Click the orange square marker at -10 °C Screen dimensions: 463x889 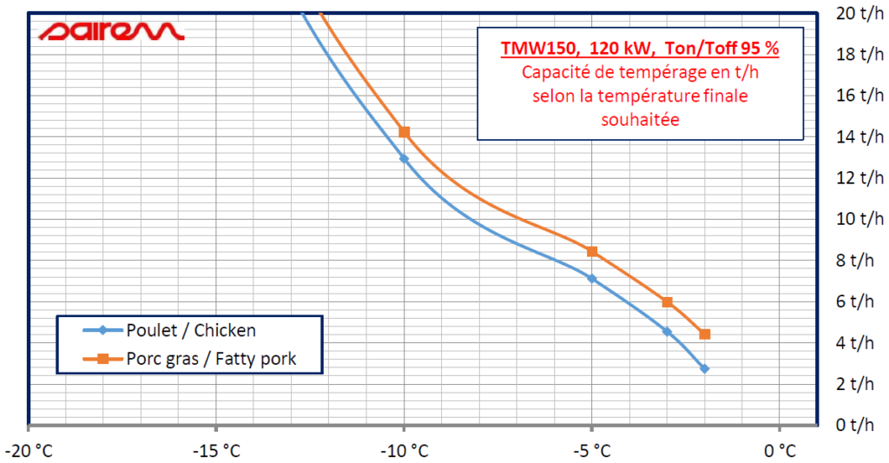pyautogui.click(x=404, y=132)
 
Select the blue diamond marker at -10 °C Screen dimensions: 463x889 pyautogui.click(x=404, y=158)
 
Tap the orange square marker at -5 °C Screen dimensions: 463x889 pyautogui.click(x=592, y=251)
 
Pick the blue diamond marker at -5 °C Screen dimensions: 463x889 pyautogui.click(x=592, y=278)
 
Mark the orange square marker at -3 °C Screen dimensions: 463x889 pyautogui.click(x=667, y=301)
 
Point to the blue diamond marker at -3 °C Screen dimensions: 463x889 pyautogui.click(x=667, y=331)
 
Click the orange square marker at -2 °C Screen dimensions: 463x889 pyautogui.click(x=705, y=334)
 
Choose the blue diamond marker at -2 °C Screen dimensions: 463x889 pyautogui.click(x=705, y=368)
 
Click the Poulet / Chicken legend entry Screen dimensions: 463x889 pyautogui.click(x=190, y=330)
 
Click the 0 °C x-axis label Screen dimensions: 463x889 pyautogui.click(x=780, y=450)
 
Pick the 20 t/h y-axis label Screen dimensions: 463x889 pyautogui.click(x=855, y=13)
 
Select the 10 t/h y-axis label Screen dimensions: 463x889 pyautogui.click(x=855, y=218)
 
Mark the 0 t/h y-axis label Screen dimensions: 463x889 pyautogui.click(x=855, y=425)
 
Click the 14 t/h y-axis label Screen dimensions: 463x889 pyautogui.click(x=855, y=136)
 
